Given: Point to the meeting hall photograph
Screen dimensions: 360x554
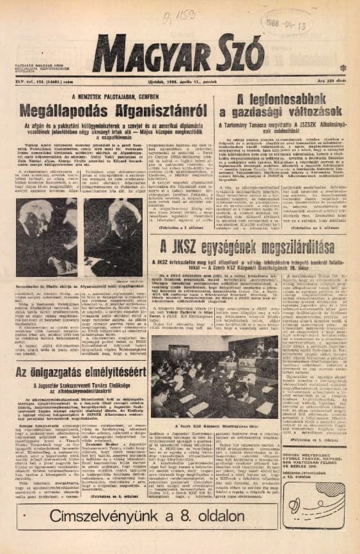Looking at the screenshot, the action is (x=214, y=377).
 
